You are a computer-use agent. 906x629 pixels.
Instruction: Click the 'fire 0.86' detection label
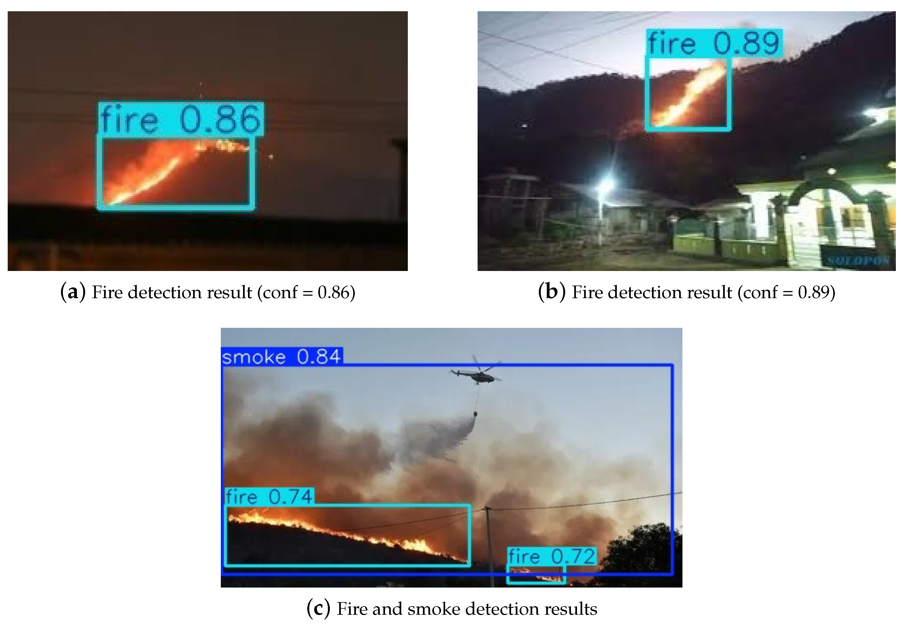181,119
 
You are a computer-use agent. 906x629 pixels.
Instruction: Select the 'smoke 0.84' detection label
281,357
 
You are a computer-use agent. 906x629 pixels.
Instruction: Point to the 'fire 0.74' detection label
270,497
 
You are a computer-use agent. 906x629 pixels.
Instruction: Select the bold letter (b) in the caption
551,292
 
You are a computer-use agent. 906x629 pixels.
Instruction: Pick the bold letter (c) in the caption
318,609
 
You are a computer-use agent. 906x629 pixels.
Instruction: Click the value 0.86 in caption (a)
334,292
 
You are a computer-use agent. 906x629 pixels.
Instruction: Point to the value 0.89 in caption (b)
813,292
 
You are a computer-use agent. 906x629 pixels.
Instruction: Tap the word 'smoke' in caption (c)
434,609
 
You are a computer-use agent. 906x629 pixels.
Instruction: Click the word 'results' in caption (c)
571,609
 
